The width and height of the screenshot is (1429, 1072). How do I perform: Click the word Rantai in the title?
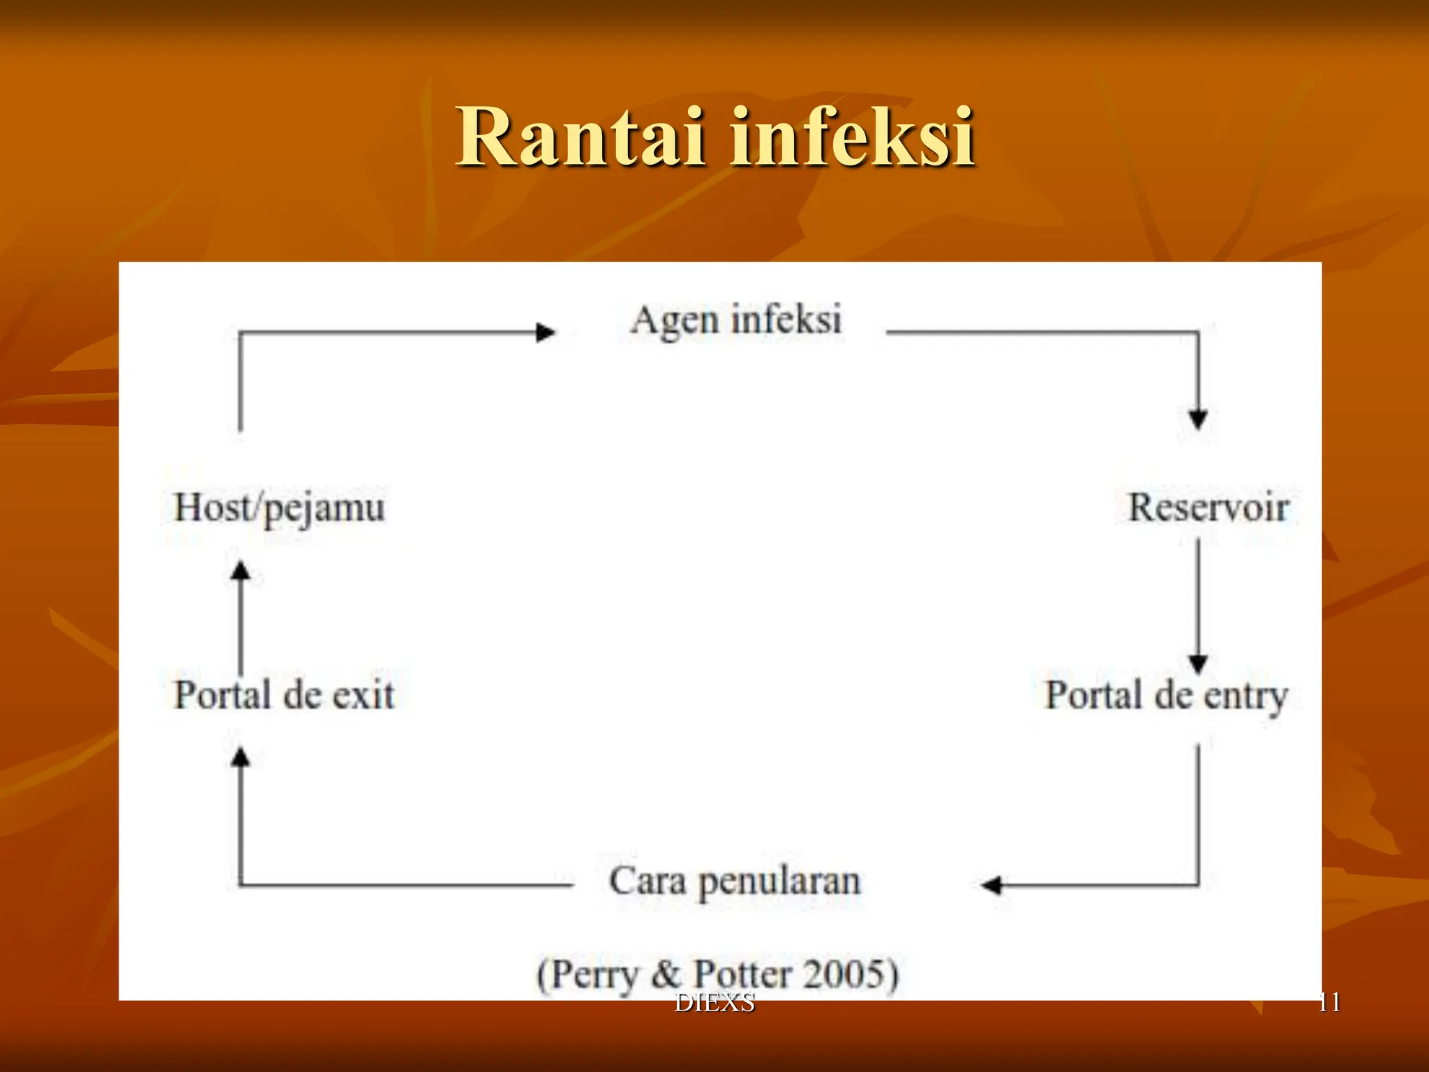[x=579, y=137]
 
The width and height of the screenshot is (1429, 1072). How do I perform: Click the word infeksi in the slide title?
[x=852, y=137]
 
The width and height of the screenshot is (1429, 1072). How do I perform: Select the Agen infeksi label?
[x=736, y=321]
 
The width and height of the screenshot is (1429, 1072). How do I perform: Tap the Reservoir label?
[x=1209, y=507]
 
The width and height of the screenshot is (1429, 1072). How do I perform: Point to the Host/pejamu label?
[x=279, y=508]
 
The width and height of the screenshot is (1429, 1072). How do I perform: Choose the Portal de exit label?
[x=284, y=695]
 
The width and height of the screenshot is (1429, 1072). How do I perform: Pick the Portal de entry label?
[x=1166, y=696]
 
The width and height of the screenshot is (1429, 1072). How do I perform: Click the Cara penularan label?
[x=735, y=881]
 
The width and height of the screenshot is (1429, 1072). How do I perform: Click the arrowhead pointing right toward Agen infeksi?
[x=545, y=333]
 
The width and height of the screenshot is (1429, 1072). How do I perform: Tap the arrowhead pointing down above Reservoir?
[x=1198, y=419]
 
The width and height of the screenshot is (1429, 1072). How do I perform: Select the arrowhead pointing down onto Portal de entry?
[x=1198, y=664]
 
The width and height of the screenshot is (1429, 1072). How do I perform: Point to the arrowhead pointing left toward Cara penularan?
[x=992, y=886]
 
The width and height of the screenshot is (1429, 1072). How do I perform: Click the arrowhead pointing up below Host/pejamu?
[x=241, y=572]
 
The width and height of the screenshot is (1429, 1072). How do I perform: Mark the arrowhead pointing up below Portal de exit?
[x=241, y=757]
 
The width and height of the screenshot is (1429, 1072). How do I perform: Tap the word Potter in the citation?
[x=742, y=974]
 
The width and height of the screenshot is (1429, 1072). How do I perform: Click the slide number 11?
[x=1329, y=1002]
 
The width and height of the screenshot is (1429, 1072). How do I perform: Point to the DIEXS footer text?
[x=714, y=1003]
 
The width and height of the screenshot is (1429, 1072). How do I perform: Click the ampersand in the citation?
[x=666, y=974]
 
